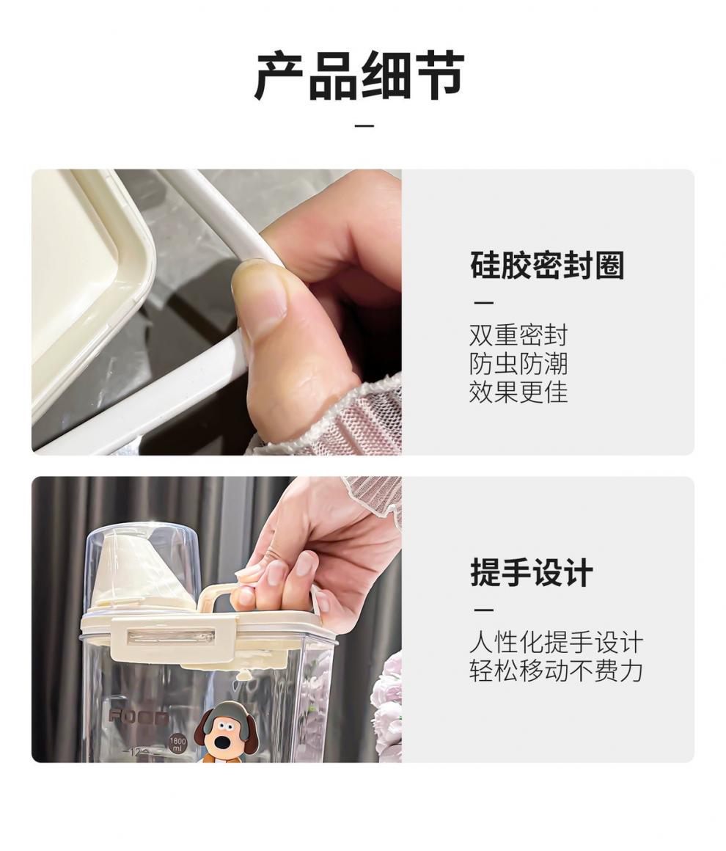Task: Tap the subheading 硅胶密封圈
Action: [x=547, y=266]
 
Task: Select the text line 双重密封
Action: [x=518, y=335]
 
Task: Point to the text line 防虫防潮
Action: [x=518, y=364]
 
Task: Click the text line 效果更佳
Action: [x=518, y=392]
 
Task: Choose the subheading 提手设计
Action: [x=531, y=572]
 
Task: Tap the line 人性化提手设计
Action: [x=556, y=643]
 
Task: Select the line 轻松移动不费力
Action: [x=556, y=671]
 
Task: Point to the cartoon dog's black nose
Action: [x=222, y=740]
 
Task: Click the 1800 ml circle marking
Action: [x=178, y=745]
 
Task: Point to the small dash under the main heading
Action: [x=364, y=126]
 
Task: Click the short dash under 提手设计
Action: [x=484, y=610]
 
